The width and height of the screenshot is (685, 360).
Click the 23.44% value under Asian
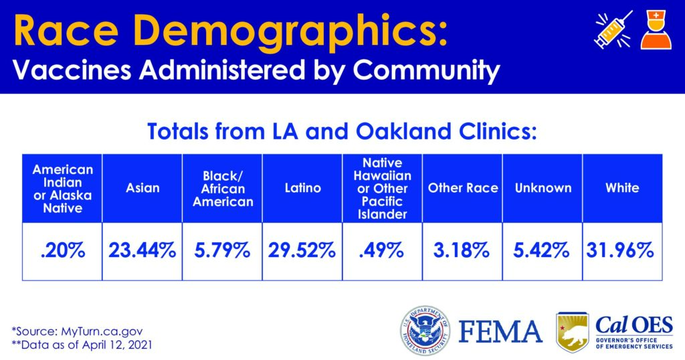142,251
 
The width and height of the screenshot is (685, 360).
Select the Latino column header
302,188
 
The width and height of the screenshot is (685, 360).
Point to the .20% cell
62,251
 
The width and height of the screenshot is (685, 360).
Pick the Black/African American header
223,188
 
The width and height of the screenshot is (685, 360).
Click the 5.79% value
223,251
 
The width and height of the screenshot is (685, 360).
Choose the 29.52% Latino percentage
302,251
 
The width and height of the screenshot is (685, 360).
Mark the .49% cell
381,251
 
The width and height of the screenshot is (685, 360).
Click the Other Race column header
463,188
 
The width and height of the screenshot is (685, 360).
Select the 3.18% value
463,251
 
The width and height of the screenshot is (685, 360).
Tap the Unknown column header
543,188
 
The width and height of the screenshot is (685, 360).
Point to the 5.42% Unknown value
543,251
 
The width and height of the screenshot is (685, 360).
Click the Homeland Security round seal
425,330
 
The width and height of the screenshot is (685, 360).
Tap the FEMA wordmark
500,331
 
